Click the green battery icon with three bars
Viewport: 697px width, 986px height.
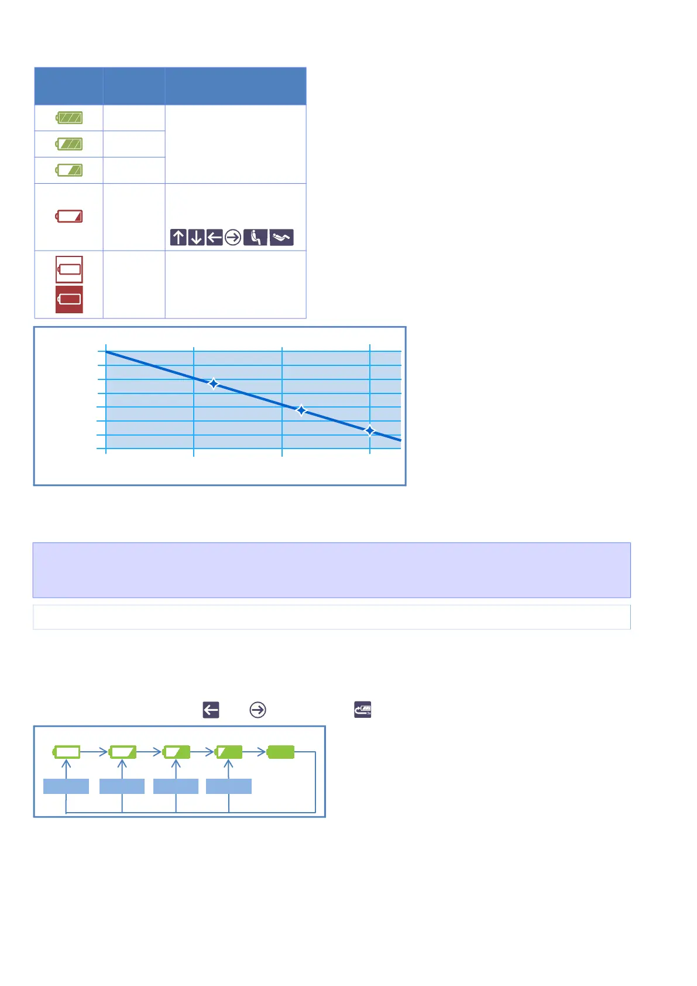pyautogui.click(x=69, y=118)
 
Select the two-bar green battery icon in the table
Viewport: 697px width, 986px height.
pyautogui.click(x=69, y=144)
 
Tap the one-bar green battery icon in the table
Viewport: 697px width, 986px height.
pyautogui.click(x=69, y=170)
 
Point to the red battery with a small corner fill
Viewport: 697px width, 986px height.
pyautogui.click(x=69, y=217)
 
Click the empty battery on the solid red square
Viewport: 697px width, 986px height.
pyautogui.click(x=69, y=300)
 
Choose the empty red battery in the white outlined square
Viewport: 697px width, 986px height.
pyautogui.click(x=69, y=269)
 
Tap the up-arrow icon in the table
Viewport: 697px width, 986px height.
pyautogui.click(x=178, y=237)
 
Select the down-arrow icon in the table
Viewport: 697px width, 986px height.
pyautogui.click(x=197, y=237)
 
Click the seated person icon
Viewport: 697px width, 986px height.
pyautogui.click(x=255, y=237)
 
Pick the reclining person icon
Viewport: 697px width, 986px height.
pyautogui.click(x=281, y=237)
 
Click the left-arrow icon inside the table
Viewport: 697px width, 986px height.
pyautogui.click(x=215, y=237)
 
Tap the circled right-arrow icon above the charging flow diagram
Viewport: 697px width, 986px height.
pyautogui.click(x=257, y=710)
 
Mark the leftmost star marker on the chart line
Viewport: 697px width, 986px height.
pyautogui.click(x=214, y=384)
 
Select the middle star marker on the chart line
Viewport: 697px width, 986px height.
pyautogui.click(x=301, y=410)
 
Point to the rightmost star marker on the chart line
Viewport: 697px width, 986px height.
pyautogui.click(x=370, y=431)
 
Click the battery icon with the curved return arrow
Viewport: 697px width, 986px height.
pyautogui.click(x=363, y=710)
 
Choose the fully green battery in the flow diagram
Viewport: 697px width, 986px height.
pyautogui.click(x=280, y=752)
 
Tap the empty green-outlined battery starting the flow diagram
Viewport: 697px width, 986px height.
pyautogui.click(x=67, y=752)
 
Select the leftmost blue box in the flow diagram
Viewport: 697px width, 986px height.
pyautogui.click(x=66, y=786)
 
